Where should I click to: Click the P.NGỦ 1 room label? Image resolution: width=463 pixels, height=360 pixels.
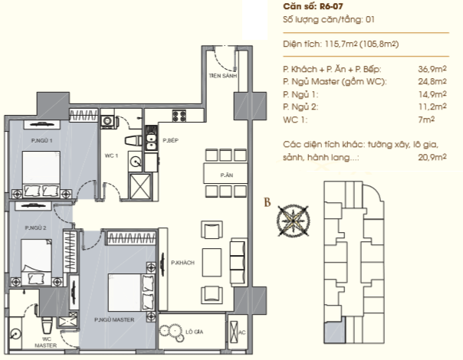pos(42,140)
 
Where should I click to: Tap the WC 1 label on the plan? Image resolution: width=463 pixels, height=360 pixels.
pos(111,155)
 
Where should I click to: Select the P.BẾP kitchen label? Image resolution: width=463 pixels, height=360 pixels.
pos(171,140)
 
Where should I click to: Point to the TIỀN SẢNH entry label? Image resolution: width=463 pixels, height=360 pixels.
pos(223,76)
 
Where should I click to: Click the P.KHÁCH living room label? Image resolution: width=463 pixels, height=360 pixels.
pos(182,262)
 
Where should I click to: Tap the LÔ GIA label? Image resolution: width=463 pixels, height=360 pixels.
pos(194,332)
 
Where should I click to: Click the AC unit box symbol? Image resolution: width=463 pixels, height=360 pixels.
pos(233,332)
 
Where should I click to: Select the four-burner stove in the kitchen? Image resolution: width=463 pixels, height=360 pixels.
pos(179,116)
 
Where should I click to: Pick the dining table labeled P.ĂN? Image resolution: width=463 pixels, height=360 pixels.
pos(225,173)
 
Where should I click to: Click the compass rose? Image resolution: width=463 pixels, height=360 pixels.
pos(294,221)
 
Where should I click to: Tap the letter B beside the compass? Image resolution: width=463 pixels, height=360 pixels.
pos(268,202)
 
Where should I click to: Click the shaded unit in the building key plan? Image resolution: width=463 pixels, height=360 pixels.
pos(335,332)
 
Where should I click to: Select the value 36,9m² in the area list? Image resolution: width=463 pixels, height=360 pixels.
pos(432,69)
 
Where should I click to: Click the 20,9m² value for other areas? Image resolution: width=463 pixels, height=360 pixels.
pos(432,157)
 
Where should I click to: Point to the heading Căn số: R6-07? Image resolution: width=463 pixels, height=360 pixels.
pos(313,6)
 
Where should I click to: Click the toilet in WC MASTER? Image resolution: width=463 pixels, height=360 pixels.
pos(47,325)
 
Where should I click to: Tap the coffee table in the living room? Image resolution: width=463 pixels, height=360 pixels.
pos(212,262)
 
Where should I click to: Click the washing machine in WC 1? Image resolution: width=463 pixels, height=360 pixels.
pos(107,121)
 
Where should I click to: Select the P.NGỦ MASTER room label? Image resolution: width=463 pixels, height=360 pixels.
pos(114,319)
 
